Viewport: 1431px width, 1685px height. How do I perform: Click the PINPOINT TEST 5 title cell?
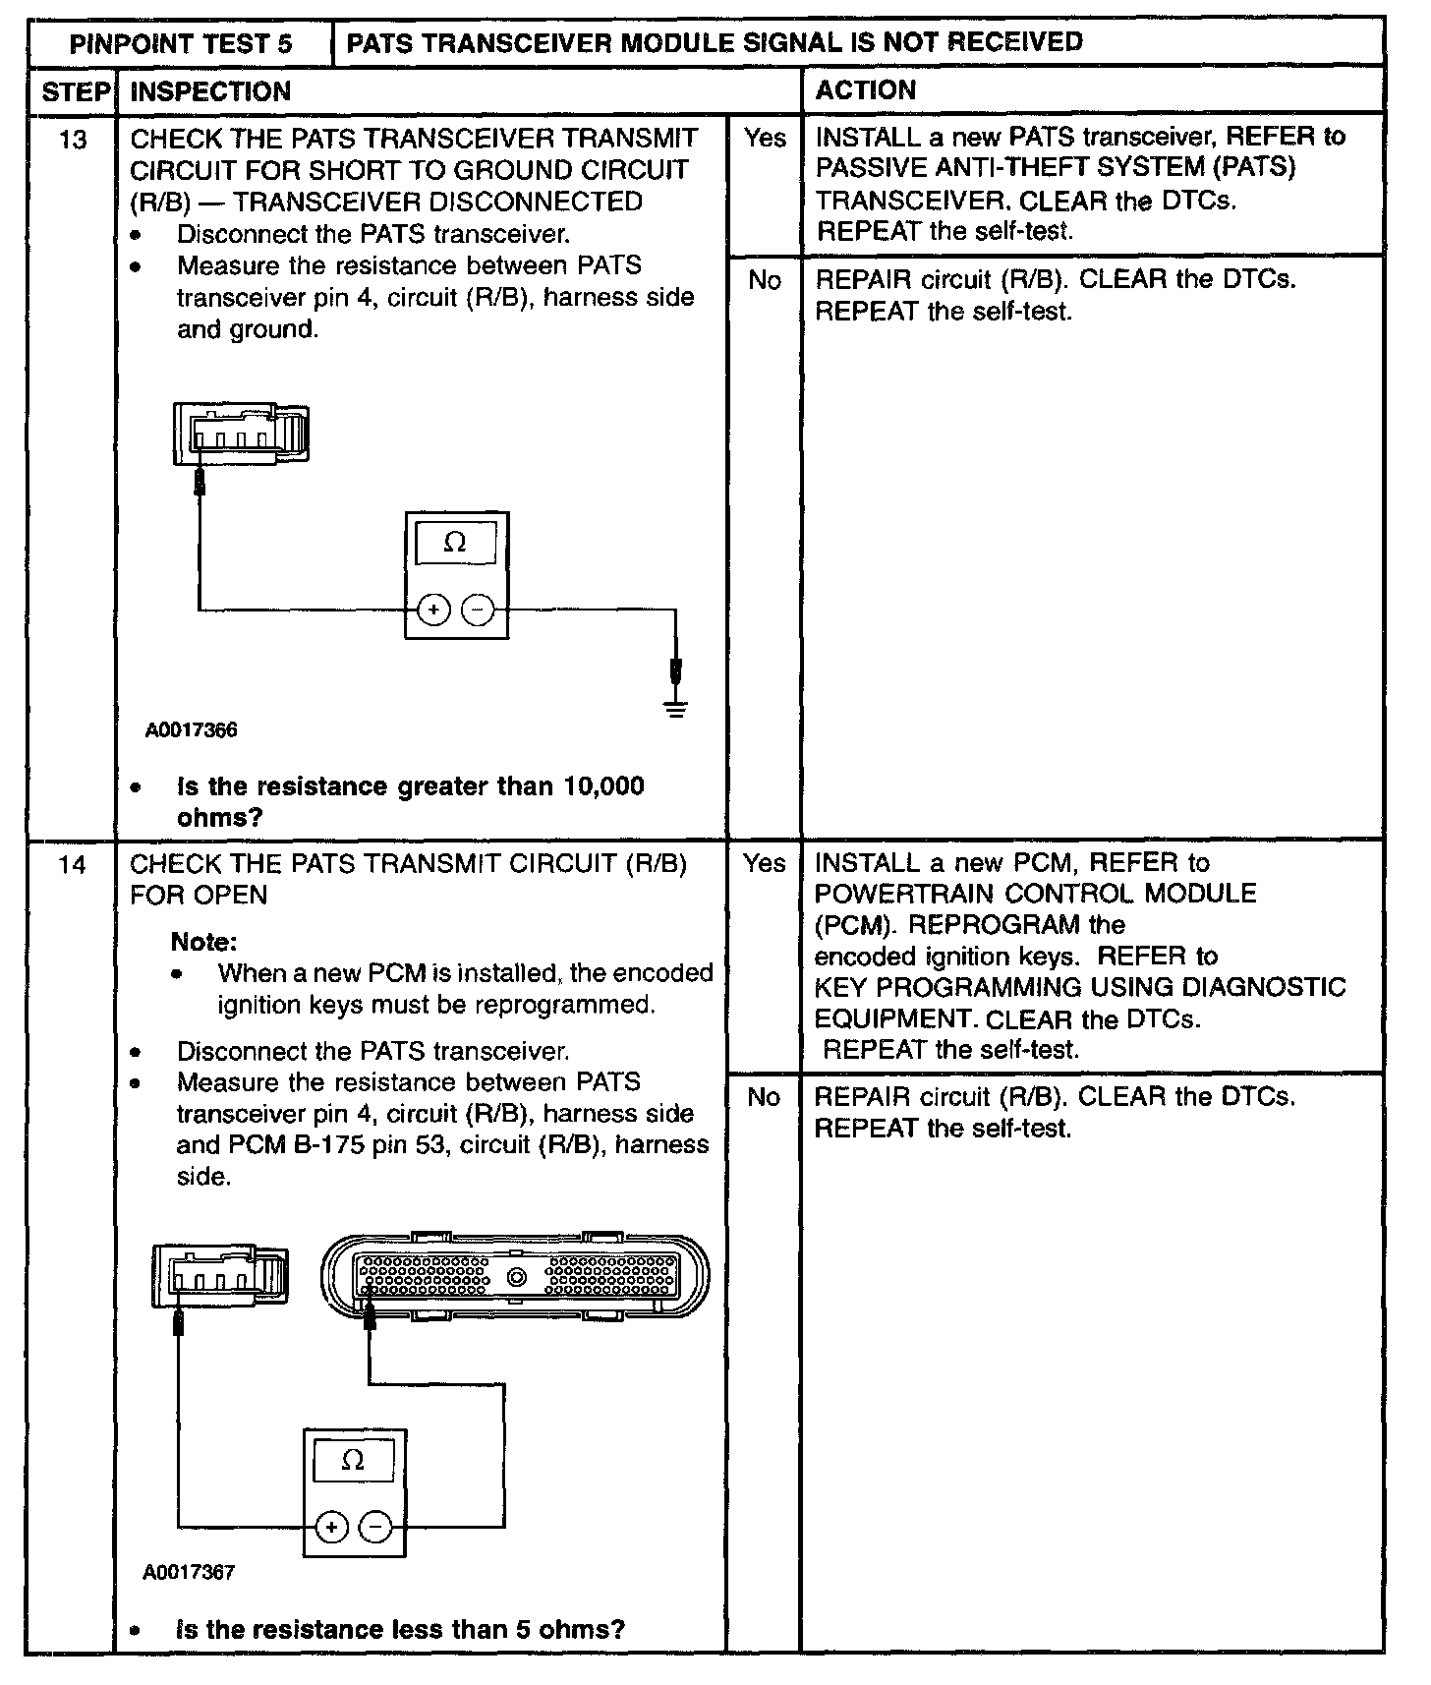click(x=181, y=43)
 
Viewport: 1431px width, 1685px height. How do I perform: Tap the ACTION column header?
click(x=866, y=90)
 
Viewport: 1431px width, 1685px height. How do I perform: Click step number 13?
click(x=73, y=140)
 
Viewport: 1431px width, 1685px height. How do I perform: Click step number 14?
click(x=73, y=865)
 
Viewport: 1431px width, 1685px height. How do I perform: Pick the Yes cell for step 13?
click(x=765, y=139)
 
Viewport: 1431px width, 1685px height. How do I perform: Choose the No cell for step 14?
click(x=765, y=1097)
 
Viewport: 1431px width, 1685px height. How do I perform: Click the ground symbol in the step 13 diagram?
click(x=675, y=707)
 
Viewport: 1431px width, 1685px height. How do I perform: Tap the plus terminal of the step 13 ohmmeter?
click(x=433, y=610)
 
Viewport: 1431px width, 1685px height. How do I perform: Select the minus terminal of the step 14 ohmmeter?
click(x=374, y=1527)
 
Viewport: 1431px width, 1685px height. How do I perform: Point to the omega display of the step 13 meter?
click(x=455, y=542)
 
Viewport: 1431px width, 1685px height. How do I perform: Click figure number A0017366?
click(x=192, y=730)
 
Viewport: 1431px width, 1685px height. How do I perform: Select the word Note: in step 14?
click(x=204, y=942)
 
